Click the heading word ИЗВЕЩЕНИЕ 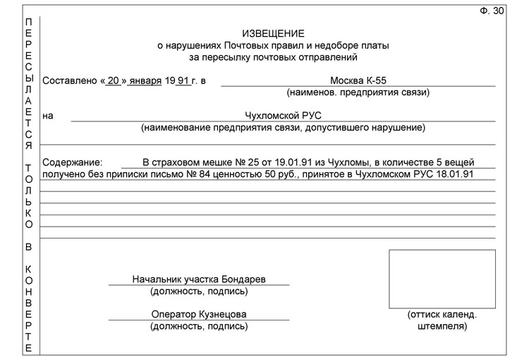274,33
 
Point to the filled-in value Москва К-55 358,80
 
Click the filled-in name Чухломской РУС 282,116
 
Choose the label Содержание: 73,162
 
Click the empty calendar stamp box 442,279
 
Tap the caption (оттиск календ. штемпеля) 442,320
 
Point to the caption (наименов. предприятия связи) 358,92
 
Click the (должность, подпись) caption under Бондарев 199,291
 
